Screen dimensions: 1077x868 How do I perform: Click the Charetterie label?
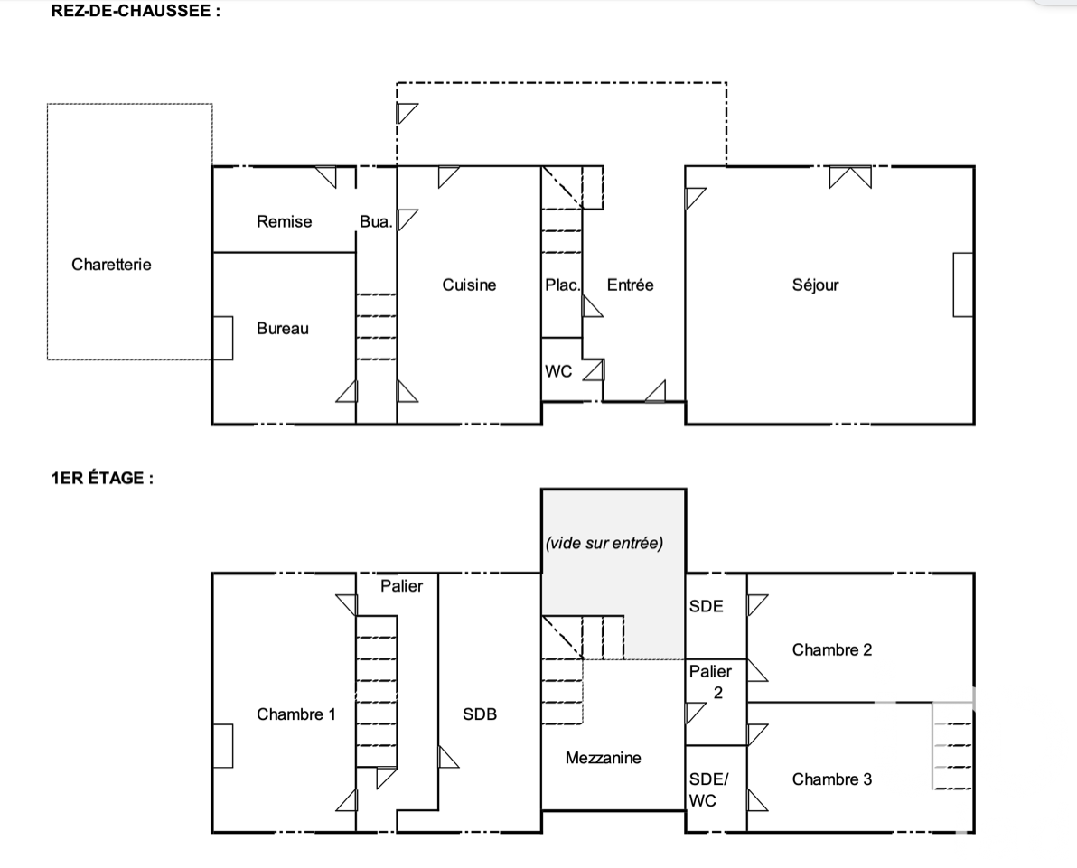[111, 265]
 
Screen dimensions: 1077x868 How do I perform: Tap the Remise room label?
[285, 222]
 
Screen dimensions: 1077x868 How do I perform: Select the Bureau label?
[283, 329]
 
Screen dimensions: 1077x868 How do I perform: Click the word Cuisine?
[469, 285]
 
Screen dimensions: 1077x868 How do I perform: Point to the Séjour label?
[815, 285]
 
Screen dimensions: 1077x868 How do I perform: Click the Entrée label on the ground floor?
[631, 285]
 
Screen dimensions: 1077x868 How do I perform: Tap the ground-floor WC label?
[558, 371]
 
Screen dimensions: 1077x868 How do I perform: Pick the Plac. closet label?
[563, 285]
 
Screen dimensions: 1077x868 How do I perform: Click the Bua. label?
[376, 222]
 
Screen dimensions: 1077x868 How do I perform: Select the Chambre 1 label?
[296, 714]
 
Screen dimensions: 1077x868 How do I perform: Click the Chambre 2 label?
[832, 650]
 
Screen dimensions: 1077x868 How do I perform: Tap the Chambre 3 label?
[832, 779]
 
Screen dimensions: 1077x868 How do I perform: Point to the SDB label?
[480, 714]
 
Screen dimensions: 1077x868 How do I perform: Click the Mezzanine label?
[603, 758]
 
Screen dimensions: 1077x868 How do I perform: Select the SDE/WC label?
[708, 789]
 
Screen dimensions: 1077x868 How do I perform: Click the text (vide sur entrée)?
[604, 543]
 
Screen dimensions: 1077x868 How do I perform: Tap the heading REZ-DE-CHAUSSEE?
[136, 11]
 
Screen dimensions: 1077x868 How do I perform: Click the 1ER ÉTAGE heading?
[102, 478]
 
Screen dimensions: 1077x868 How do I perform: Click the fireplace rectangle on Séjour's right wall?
[963, 285]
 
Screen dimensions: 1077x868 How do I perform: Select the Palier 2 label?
[710, 682]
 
